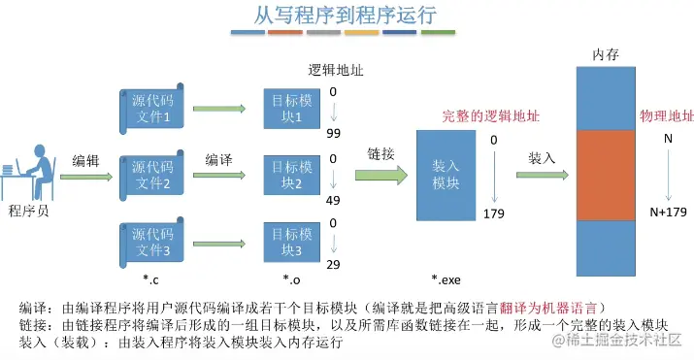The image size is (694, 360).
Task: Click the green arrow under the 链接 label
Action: click(380, 175)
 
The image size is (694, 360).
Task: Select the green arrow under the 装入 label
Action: click(542, 176)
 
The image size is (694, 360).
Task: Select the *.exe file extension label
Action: click(446, 279)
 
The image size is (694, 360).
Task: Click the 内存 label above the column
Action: click(605, 54)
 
